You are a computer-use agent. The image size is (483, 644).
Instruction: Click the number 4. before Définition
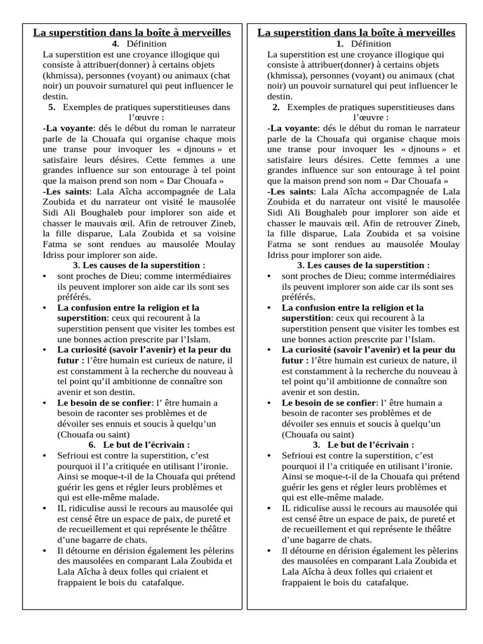116,44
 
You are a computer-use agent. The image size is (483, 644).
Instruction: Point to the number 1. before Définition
340,44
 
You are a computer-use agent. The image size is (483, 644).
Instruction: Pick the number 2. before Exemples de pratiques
276,108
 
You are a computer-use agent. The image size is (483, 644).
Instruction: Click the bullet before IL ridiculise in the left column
44,508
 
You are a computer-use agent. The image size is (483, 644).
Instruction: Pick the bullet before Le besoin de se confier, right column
269,402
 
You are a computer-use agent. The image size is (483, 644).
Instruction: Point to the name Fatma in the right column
279,245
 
